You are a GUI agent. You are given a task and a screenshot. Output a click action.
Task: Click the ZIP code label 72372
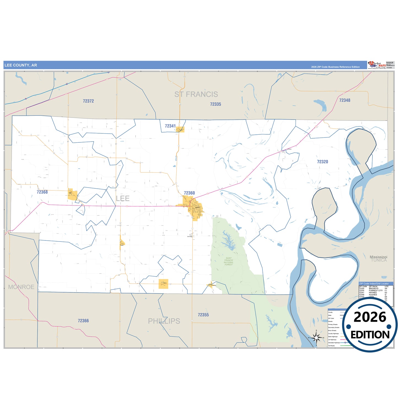tap(88, 101)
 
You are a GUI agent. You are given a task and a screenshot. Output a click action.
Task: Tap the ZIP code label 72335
tap(215, 104)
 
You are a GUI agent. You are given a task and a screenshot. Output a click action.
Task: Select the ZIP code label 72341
tap(170, 126)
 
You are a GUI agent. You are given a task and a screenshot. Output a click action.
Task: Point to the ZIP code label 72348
tap(345, 100)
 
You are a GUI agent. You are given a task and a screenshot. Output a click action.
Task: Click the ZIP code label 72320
tap(322, 162)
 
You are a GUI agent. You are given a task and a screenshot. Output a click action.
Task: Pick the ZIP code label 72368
tap(42, 192)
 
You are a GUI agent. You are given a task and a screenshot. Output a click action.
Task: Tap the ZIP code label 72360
tap(189, 193)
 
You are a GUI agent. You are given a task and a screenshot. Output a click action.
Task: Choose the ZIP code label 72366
tap(83, 321)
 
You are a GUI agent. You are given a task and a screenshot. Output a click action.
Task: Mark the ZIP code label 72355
tap(203, 315)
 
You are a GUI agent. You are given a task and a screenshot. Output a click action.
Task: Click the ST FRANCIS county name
tap(196, 94)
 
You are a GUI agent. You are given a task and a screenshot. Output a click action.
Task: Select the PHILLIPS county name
tap(164, 321)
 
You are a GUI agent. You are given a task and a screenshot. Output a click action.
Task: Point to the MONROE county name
tap(21, 287)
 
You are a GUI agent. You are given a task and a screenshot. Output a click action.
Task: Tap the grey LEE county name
tap(123, 198)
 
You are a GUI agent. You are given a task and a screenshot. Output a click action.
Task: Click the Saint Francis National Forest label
tap(229, 261)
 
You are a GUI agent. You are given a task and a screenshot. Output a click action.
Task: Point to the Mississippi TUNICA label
tap(378, 259)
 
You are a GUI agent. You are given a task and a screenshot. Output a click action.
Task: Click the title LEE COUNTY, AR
tap(21, 65)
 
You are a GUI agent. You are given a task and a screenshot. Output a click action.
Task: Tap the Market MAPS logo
tap(377, 65)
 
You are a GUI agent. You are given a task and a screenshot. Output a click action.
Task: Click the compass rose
tap(316, 337)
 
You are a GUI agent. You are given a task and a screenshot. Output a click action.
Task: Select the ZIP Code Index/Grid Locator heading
tap(374, 283)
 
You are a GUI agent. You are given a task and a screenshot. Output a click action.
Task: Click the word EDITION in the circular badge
tap(370, 335)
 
